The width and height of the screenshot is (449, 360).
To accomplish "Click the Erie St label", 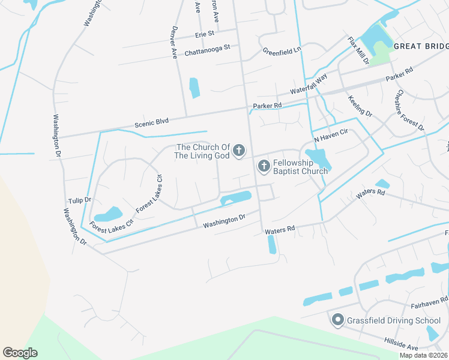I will click(204, 34).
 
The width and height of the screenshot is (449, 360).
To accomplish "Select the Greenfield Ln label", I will click(281, 52).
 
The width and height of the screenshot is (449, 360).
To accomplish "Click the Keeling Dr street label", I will click(361, 104).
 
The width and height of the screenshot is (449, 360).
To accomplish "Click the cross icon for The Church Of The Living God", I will click(239, 150).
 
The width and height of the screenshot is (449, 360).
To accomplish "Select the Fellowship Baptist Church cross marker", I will click(263, 166).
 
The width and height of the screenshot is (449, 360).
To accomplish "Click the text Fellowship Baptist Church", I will click(300, 167).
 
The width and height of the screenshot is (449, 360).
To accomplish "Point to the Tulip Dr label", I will click(79, 200).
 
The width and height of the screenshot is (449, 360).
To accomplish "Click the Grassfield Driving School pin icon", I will click(337, 320).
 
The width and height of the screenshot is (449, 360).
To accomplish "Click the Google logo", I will click(20, 353).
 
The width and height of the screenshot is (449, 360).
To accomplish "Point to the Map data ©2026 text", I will click(424, 355).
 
